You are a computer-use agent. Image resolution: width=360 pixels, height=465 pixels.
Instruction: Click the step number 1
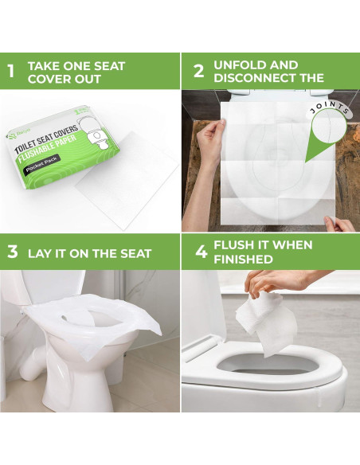click(10, 72)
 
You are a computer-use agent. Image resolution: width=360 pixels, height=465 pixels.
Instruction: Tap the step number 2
click(199, 71)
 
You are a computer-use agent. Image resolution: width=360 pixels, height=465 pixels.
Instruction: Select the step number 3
click(12, 252)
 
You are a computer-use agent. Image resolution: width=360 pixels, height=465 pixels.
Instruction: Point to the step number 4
click(201, 252)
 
